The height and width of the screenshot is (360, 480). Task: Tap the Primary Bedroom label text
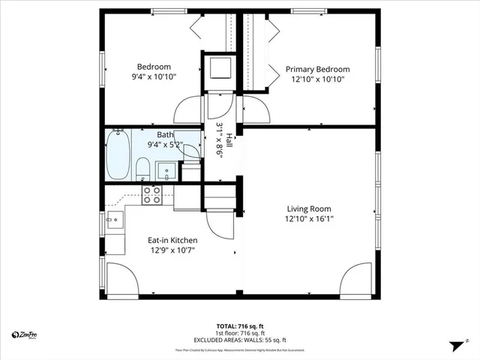[x=317, y=69]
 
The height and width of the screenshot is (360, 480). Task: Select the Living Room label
[x=308, y=208]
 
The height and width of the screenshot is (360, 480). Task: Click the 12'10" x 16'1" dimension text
[x=308, y=220]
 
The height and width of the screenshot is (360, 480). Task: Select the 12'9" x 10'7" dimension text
[x=172, y=251]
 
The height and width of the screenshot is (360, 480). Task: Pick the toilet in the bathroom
[x=142, y=168]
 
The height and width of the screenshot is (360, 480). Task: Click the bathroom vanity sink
[x=167, y=169]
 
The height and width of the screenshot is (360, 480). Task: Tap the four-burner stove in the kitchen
[x=152, y=195]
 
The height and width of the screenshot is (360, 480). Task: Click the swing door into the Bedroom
[x=188, y=111]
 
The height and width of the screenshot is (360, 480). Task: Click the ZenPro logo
[x=25, y=334]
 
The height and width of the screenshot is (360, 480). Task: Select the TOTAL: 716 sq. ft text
[x=239, y=326]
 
